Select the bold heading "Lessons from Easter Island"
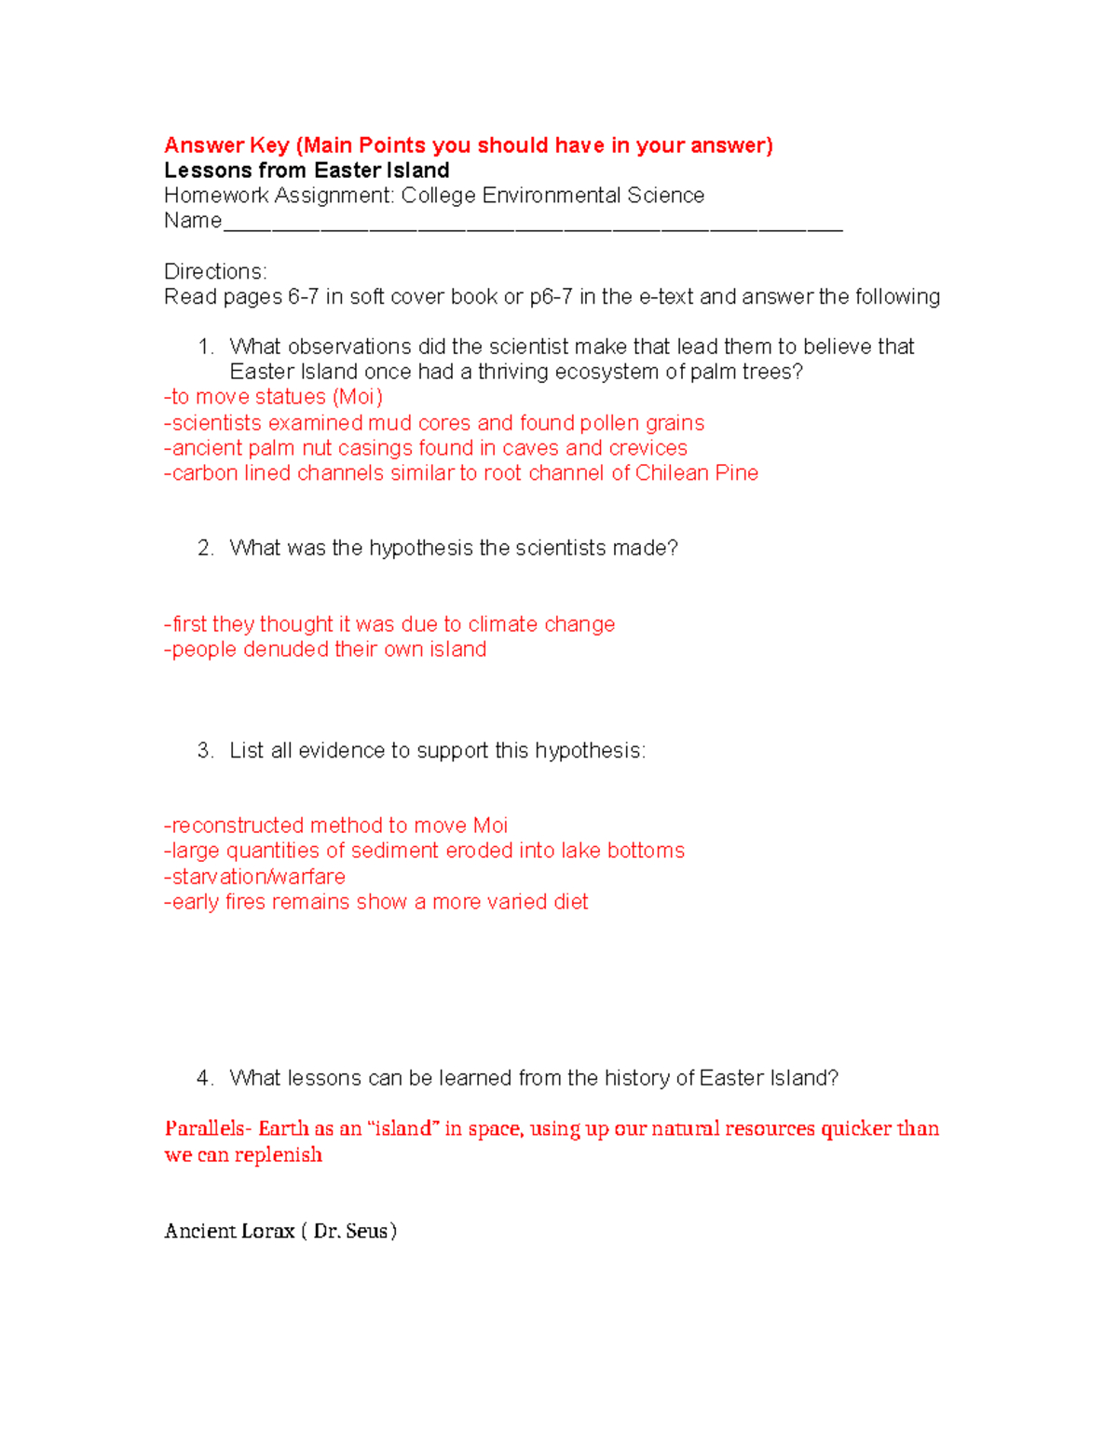(307, 171)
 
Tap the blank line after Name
(532, 223)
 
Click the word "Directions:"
(215, 271)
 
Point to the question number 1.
(205, 347)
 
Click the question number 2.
(205, 548)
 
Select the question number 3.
(205, 751)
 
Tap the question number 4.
(205, 1078)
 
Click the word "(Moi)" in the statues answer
(358, 397)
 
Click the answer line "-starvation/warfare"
(254, 877)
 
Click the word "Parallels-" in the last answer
(208, 1128)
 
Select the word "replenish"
(278, 1154)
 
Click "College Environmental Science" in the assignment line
(552, 196)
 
